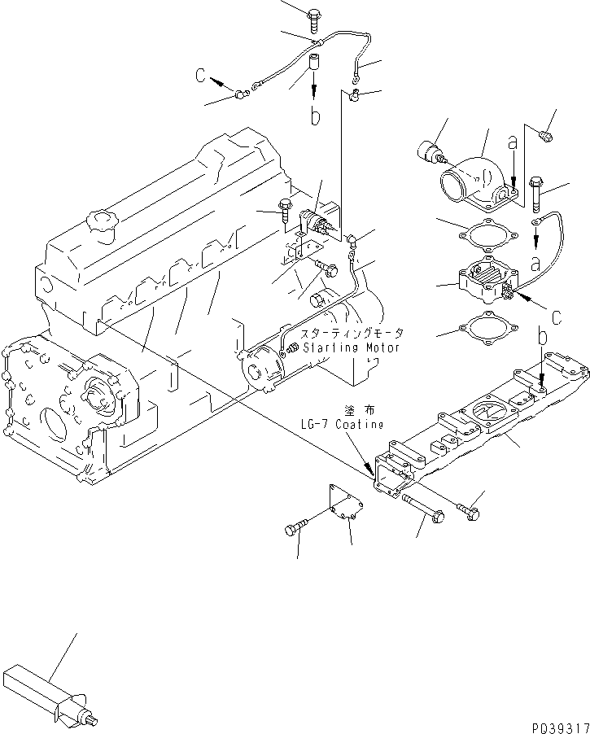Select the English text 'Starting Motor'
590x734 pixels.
(x=350, y=347)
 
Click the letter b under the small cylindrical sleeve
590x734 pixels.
(x=314, y=117)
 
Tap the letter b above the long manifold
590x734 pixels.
(x=543, y=335)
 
